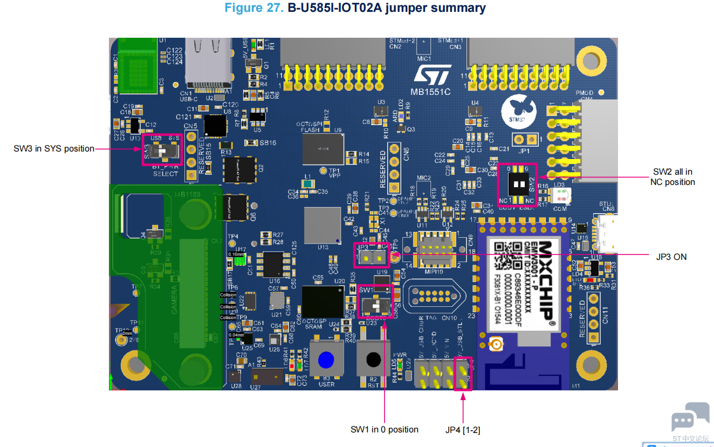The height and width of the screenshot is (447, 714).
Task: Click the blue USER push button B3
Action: coord(326,360)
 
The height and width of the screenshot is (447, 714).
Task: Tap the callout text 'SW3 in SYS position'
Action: coord(54,148)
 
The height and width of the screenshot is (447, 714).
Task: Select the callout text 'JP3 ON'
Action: coord(671,257)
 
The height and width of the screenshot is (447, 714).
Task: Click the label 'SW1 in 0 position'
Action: coord(385,429)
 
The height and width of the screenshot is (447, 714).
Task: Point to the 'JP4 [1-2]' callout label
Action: coord(463,430)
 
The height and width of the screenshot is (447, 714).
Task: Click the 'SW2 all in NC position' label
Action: coord(672,177)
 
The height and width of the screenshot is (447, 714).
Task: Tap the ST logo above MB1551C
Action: coord(432,76)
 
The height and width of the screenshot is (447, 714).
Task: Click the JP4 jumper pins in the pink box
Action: coord(463,374)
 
